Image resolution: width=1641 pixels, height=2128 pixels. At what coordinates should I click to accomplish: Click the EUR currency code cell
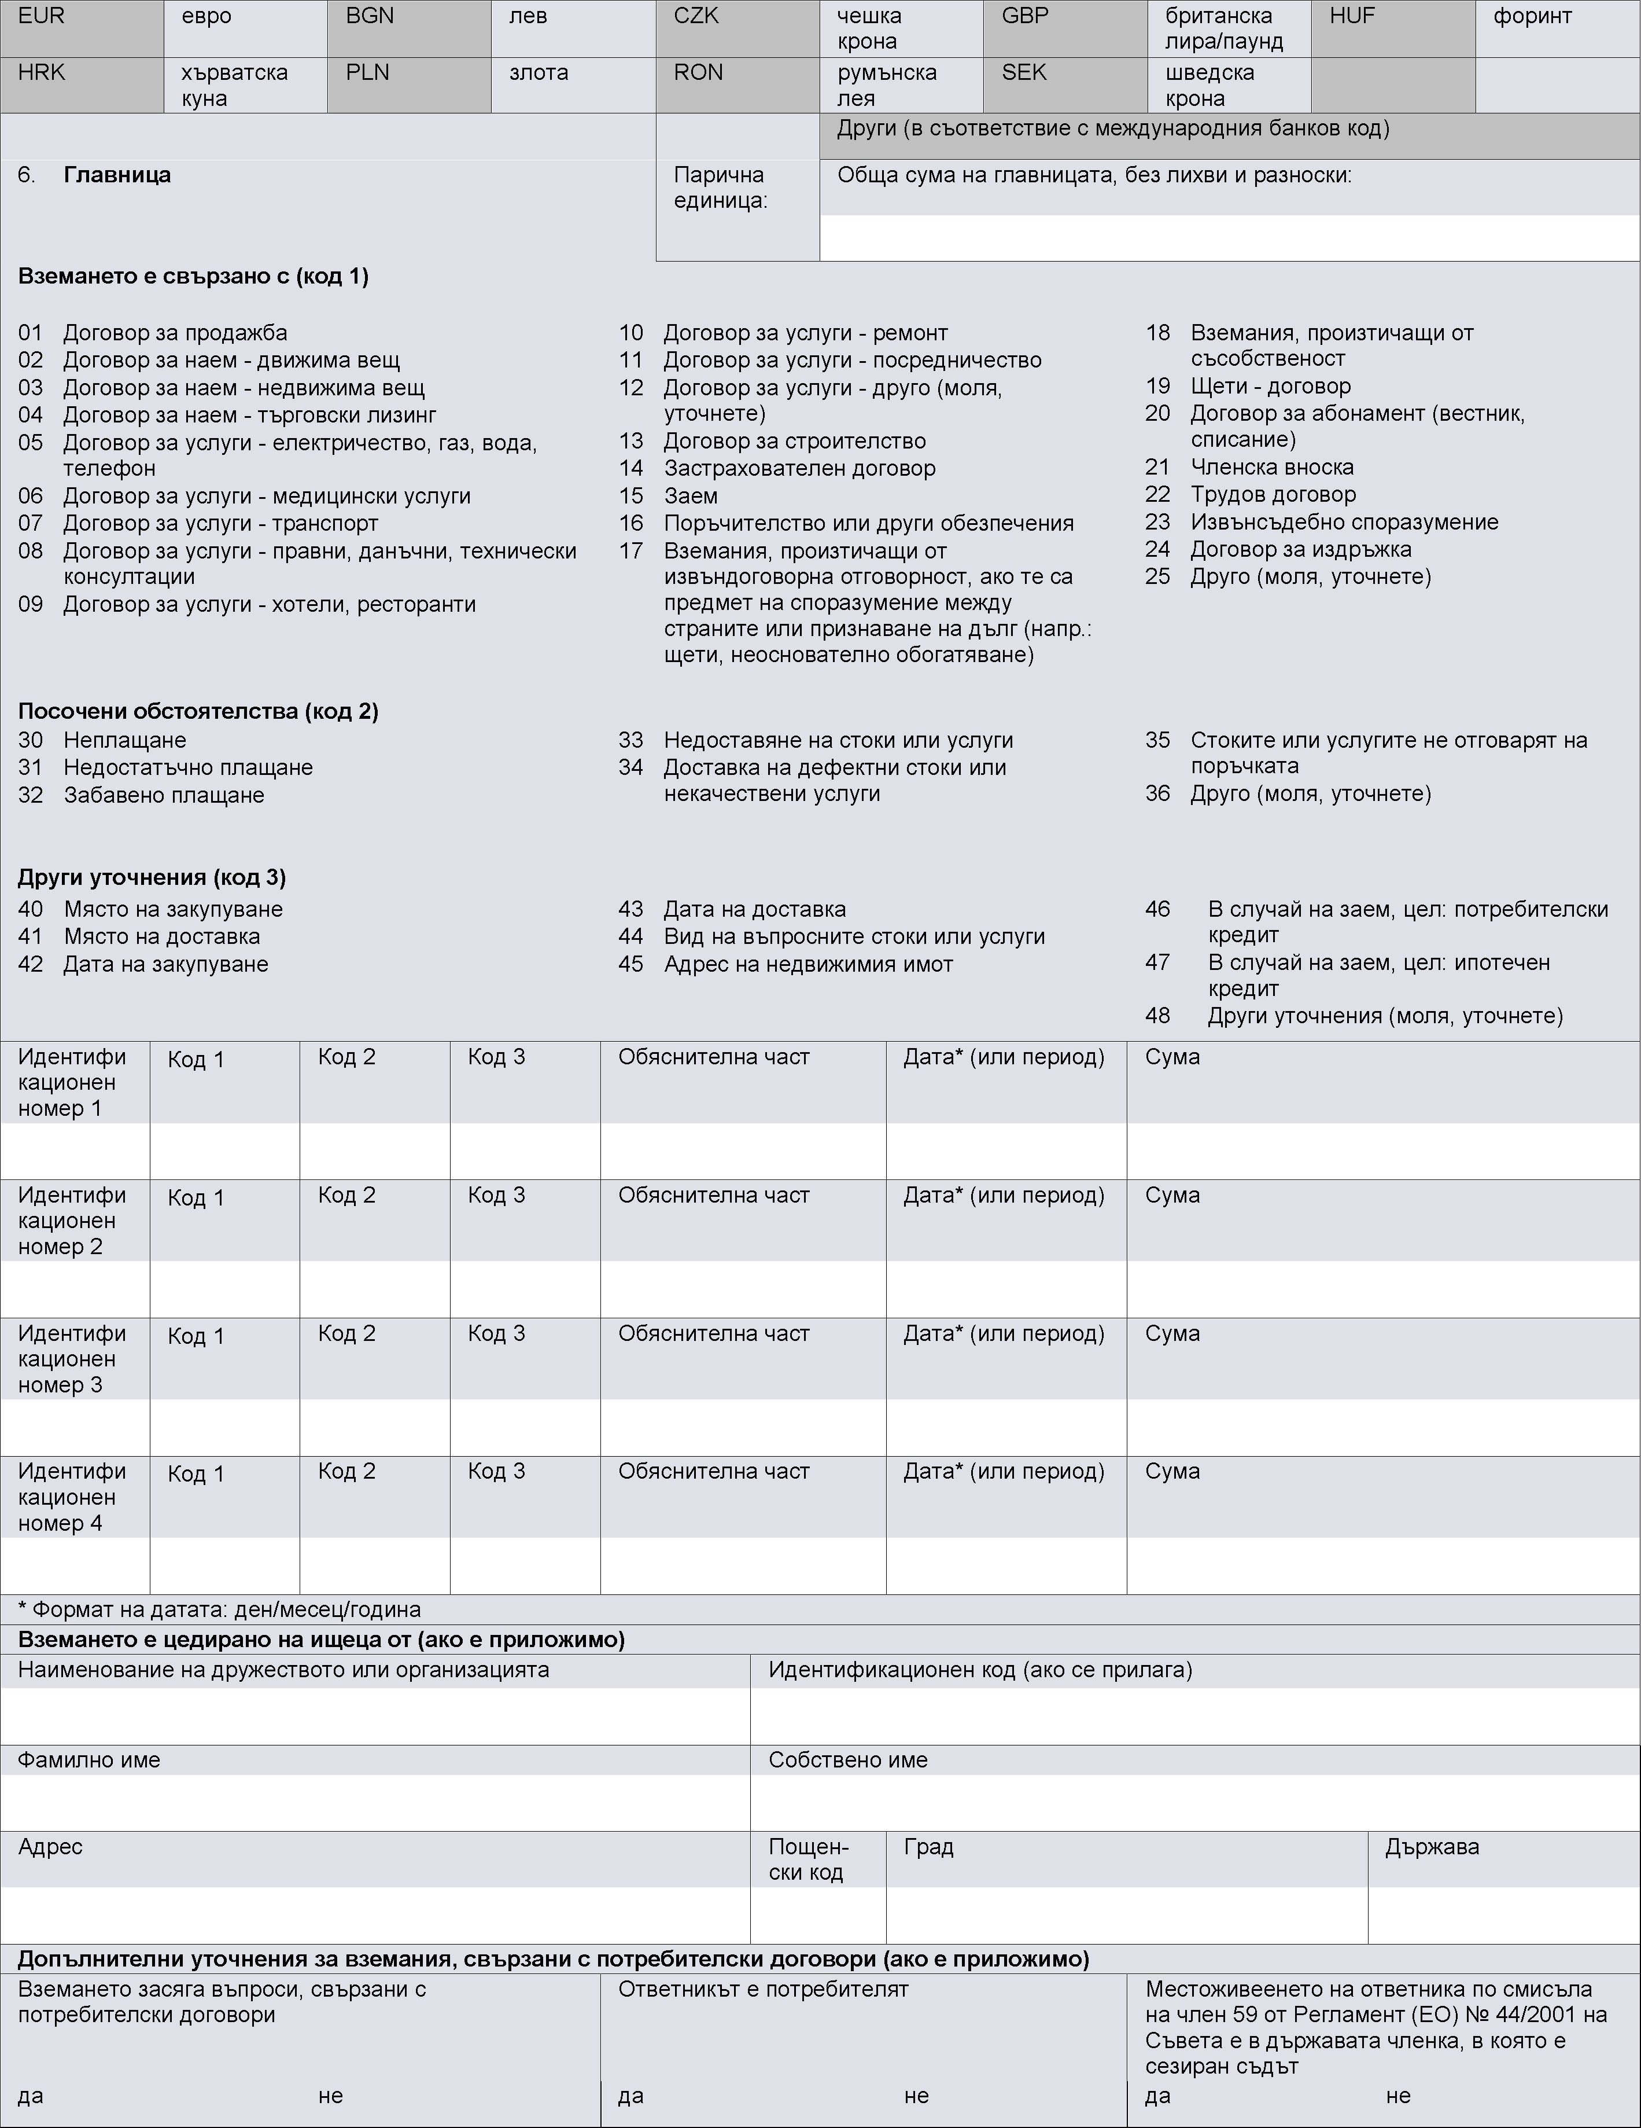pyautogui.click(x=41, y=17)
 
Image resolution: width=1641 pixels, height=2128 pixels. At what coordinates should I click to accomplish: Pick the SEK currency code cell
pyautogui.click(x=1024, y=73)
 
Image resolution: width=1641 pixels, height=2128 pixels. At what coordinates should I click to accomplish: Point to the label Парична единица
pyautogui.click(x=720, y=188)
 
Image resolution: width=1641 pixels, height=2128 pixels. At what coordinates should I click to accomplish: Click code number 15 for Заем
pyautogui.click(x=631, y=496)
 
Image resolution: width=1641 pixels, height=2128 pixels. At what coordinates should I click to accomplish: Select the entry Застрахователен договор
pyautogui.click(x=799, y=469)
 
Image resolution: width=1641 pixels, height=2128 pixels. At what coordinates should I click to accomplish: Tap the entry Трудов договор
pyautogui.click(x=1273, y=495)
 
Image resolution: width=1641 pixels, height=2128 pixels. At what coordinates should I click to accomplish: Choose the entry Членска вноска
pyautogui.click(x=1272, y=468)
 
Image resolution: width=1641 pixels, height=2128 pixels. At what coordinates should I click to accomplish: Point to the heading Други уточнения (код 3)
pyautogui.click(x=152, y=878)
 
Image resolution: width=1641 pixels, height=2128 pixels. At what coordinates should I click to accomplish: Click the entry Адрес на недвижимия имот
pyautogui.click(x=808, y=965)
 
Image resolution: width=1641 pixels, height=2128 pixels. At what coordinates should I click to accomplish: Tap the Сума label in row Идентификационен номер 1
pyautogui.click(x=1172, y=1057)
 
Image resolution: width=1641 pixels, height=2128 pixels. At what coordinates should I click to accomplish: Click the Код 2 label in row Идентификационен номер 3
pyautogui.click(x=346, y=1334)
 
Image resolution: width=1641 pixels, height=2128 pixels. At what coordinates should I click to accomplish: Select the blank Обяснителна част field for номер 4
pyautogui.click(x=743, y=1566)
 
